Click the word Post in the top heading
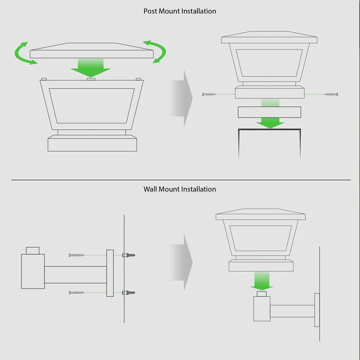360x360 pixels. (150, 11)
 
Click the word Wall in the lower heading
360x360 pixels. (150, 189)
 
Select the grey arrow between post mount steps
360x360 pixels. (181, 98)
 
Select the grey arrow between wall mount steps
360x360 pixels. (181, 263)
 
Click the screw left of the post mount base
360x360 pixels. (208, 95)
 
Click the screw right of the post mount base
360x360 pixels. (331, 95)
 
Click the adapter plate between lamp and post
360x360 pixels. (270, 112)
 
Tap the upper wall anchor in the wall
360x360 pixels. (129, 255)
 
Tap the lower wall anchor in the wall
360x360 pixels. (129, 293)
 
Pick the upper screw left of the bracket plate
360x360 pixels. (76, 255)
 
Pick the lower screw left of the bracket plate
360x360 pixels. (76, 293)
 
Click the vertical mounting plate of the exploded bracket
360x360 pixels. (110, 273)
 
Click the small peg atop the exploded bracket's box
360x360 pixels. (33, 251)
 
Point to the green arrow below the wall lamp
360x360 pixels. (262, 281)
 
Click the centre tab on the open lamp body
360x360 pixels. (91, 79)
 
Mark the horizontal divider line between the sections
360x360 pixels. (181, 180)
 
